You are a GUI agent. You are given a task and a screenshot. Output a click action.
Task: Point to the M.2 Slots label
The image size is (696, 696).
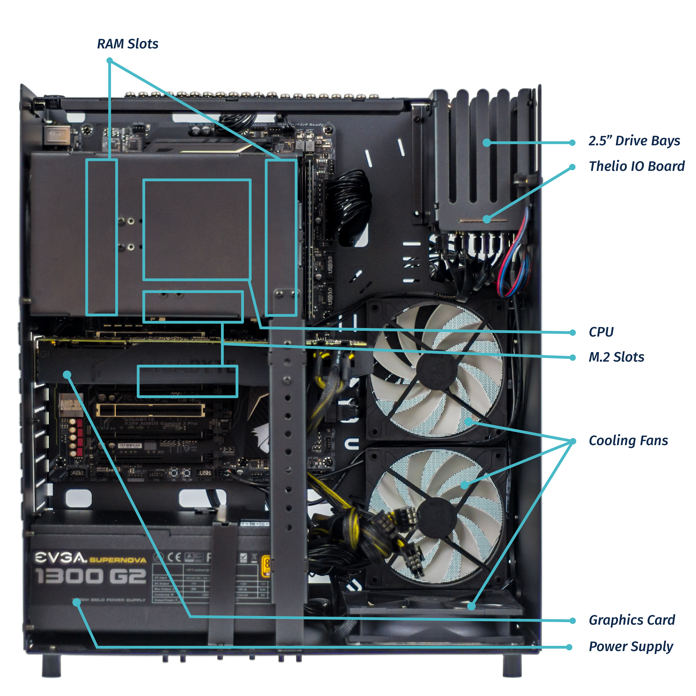point(616,357)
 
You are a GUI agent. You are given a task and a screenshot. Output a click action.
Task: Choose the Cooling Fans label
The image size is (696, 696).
point(628,441)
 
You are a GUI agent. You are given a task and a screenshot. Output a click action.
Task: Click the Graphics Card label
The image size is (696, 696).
point(632,620)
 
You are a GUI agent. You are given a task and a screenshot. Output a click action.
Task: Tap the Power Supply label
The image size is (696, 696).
point(630,647)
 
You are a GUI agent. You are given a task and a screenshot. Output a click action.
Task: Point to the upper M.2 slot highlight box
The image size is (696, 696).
point(193,306)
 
